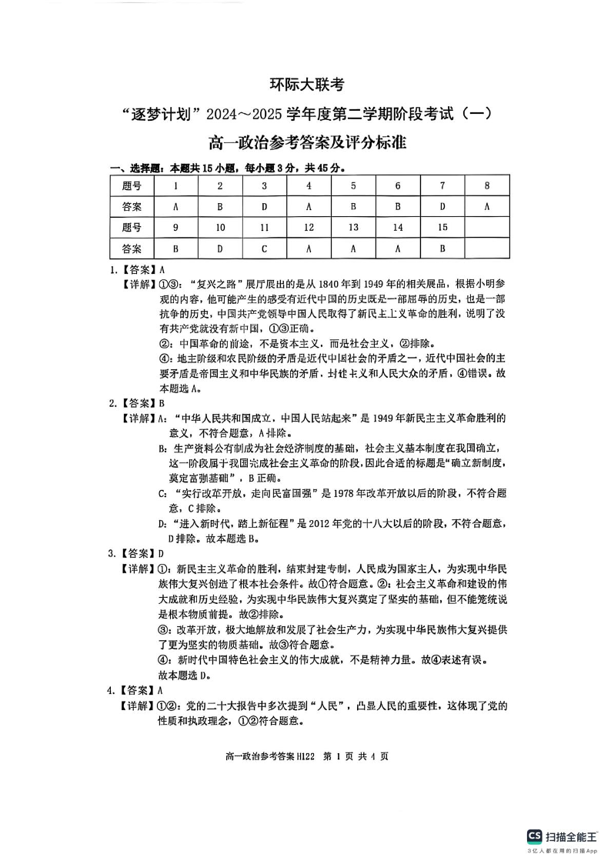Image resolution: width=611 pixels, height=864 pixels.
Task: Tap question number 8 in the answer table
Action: tap(487, 186)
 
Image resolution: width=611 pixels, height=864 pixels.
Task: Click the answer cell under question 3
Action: tap(265, 207)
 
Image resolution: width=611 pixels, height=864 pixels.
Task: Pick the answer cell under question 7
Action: tap(442, 207)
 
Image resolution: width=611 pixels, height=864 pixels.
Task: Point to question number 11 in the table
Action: tap(265, 228)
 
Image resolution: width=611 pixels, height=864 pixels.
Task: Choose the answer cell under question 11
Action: tap(265, 249)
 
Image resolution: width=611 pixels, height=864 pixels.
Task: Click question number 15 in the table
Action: tap(442, 228)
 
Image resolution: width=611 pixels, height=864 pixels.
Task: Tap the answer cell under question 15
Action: tap(442, 249)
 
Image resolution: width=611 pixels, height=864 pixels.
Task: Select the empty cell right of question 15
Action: tap(487, 228)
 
